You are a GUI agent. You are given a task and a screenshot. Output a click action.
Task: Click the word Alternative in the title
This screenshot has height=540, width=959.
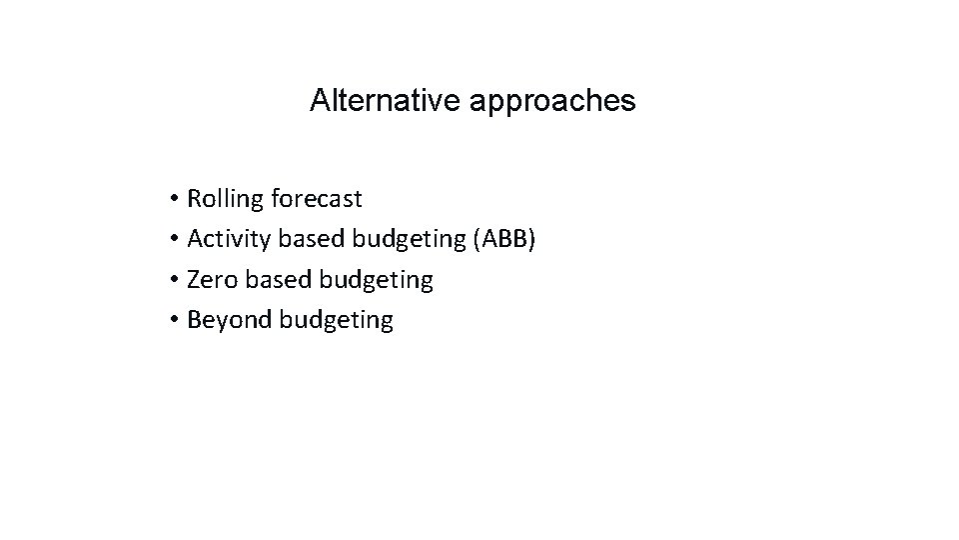385,101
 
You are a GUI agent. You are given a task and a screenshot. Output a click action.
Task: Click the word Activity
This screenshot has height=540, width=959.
226,240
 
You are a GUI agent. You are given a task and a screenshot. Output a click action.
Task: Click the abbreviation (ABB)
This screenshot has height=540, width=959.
506,240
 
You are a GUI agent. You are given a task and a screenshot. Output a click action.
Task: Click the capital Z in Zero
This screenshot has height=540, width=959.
194,280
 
